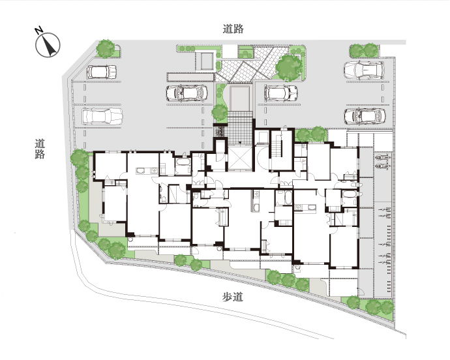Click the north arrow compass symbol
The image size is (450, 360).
pyautogui.click(x=48, y=45)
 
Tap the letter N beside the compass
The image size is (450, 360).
pyautogui.click(x=38, y=30)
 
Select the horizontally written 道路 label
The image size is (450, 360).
pyautogui.click(x=233, y=29)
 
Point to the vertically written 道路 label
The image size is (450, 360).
pyautogui.click(x=40, y=149)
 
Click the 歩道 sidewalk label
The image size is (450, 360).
pyautogui.click(x=233, y=297)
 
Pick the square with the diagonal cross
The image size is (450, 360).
pyautogui.click(x=240, y=158)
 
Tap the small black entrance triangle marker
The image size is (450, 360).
pyautogui.click(x=240, y=143)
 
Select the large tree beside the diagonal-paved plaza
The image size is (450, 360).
pyautogui.click(x=289, y=68)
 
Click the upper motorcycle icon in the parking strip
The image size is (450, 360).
pyautogui.click(x=383, y=157)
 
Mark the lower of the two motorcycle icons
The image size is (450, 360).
pyautogui.click(x=383, y=166)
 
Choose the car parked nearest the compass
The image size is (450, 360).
pyautogui.click(x=102, y=72)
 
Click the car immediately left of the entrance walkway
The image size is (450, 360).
pyautogui.click(x=187, y=93)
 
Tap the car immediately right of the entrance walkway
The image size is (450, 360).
pyautogui.click(x=280, y=93)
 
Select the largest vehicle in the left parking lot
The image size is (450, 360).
pyautogui.click(x=102, y=116)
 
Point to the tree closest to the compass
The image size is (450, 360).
pyautogui.click(x=105, y=48)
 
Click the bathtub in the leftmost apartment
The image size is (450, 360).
pyautogui.click(x=183, y=162)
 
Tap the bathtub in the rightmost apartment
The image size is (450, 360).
pyautogui.click(x=349, y=194)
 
